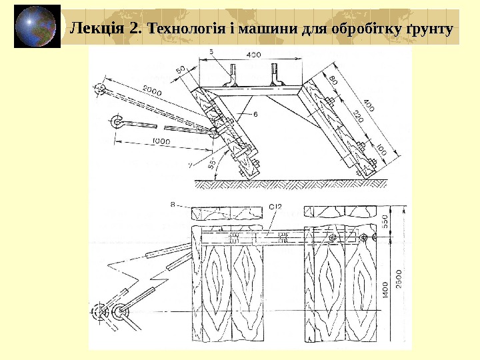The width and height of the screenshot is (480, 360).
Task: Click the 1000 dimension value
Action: click(161, 141)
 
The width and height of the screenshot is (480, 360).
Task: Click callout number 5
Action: click(211, 51)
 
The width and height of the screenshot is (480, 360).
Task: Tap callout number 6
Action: click(255, 115)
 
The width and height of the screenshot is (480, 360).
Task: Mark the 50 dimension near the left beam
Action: click(181, 70)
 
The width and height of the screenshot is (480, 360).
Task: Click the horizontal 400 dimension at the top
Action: click(253, 54)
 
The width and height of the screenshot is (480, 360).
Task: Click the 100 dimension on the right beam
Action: click(381, 153)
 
